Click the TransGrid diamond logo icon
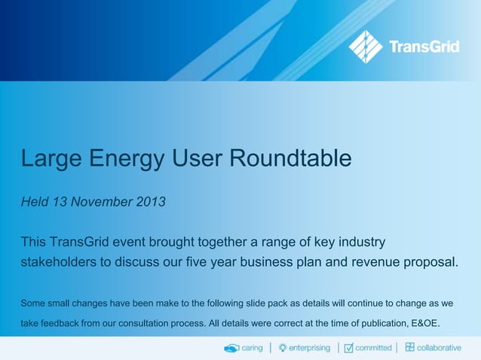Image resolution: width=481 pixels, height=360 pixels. [x=366, y=47]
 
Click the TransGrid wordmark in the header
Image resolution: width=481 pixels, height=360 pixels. [x=424, y=47]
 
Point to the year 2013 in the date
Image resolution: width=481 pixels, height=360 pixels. [x=149, y=203]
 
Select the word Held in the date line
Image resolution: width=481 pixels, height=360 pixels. [x=35, y=203]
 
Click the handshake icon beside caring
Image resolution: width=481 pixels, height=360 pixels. [x=231, y=347]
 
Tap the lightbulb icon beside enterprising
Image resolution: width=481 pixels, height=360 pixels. [x=283, y=347]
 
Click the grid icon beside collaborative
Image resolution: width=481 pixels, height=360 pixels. [x=410, y=347]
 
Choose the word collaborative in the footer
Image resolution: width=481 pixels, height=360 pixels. [x=440, y=347]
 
